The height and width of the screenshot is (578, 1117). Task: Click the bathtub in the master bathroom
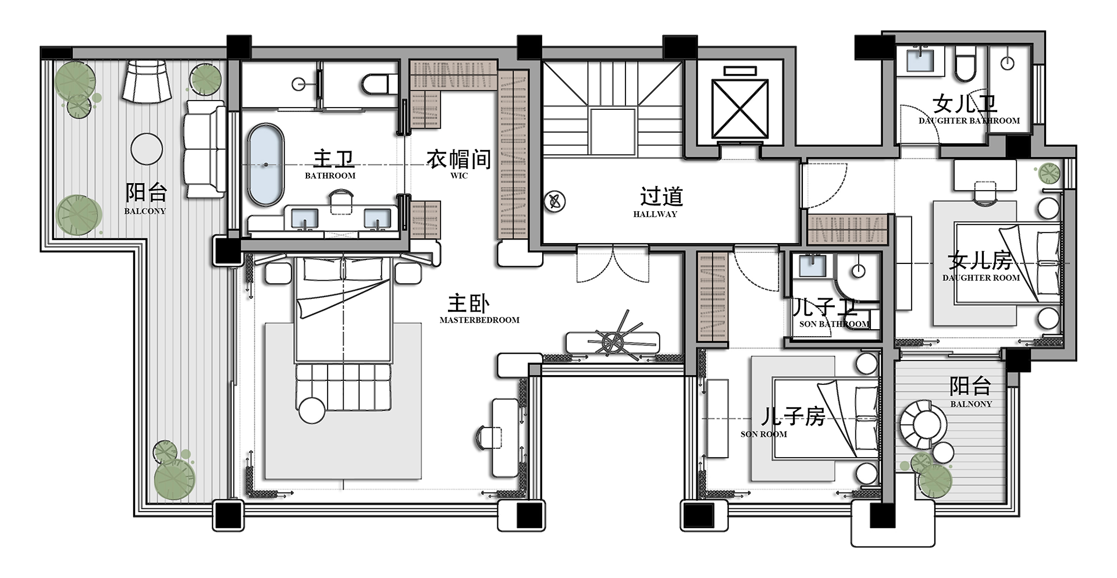(266, 165)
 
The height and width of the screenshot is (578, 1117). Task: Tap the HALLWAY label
(655, 214)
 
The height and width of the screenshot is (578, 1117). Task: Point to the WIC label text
(459, 176)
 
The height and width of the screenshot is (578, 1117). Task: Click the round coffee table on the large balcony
(147, 149)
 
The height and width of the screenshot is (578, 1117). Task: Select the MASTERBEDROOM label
(479, 320)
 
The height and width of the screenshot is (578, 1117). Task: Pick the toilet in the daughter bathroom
(966, 66)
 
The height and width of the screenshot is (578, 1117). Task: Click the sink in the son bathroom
(812, 265)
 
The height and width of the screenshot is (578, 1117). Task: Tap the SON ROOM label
(763, 434)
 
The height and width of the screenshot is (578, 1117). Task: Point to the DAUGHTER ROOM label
(981, 278)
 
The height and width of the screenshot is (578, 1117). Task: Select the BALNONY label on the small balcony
(971, 404)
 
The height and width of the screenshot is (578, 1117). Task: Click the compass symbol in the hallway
(554, 202)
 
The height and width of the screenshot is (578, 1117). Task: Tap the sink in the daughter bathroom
(920, 60)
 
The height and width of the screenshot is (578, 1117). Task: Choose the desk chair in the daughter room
(985, 192)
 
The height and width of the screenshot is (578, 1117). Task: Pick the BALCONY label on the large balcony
(145, 211)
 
